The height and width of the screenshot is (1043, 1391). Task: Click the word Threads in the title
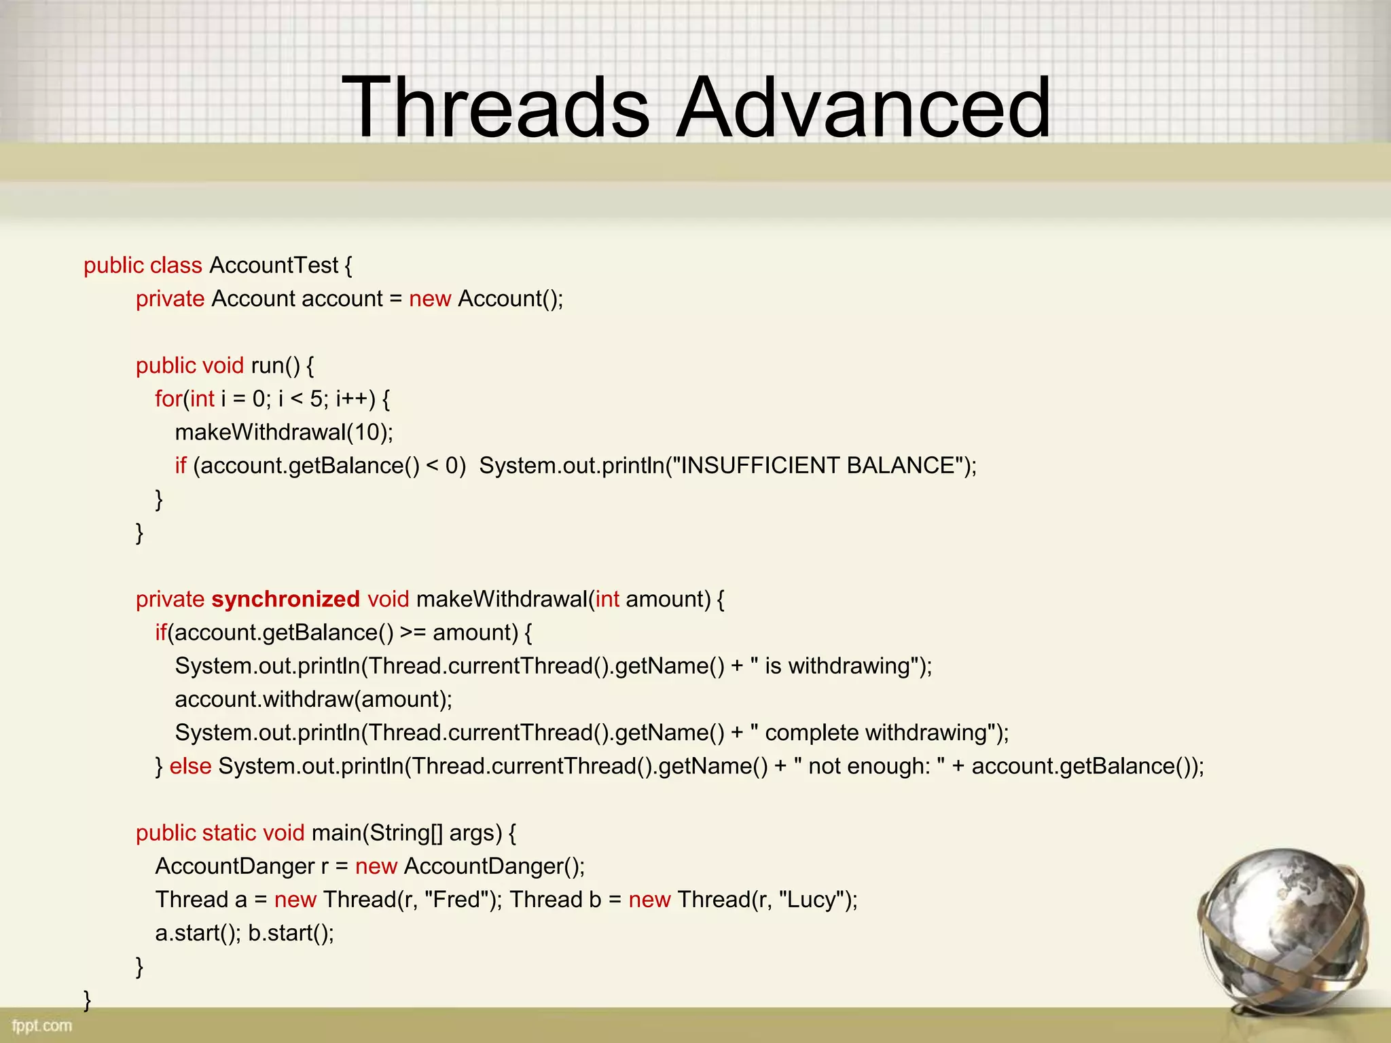(x=495, y=107)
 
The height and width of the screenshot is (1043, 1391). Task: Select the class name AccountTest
(x=274, y=265)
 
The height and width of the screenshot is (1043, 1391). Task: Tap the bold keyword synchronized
(x=285, y=599)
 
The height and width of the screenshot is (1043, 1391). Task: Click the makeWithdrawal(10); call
(x=284, y=433)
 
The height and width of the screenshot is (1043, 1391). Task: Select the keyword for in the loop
(x=168, y=399)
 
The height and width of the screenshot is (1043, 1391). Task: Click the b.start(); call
(x=291, y=933)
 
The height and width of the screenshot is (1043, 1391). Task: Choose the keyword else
(x=190, y=766)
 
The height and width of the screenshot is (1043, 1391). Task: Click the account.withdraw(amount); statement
(x=313, y=699)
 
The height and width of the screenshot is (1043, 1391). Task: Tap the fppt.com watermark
(x=41, y=1025)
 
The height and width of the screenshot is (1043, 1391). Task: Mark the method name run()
(x=275, y=365)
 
